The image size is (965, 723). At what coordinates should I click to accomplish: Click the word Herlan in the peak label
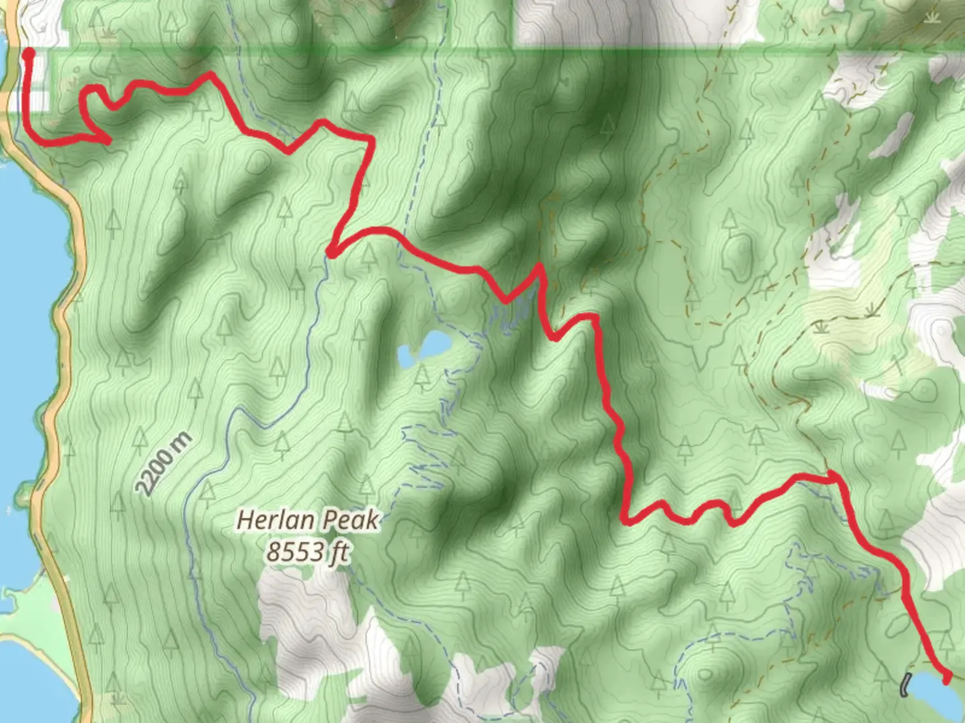pos(275,520)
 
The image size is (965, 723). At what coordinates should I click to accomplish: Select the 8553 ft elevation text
pos(308,552)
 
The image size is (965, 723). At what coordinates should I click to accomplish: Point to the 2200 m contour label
pos(164,465)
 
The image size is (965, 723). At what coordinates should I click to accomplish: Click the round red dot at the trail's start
pos(28,54)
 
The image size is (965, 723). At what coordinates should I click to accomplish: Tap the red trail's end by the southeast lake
pos(946,679)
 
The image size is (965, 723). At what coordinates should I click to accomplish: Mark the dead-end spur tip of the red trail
pos(107,140)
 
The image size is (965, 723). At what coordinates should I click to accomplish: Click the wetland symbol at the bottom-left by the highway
pos(119,698)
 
